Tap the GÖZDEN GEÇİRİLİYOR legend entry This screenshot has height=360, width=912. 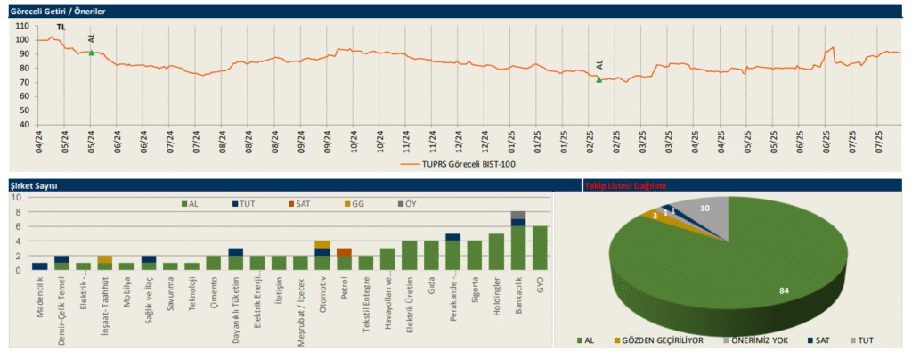click(655, 341)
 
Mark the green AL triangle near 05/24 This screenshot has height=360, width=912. click(91, 53)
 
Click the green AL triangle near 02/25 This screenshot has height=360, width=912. click(598, 79)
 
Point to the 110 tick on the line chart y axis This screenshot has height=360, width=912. click(22, 26)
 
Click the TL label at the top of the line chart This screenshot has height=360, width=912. click(61, 28)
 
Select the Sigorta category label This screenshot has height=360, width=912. click(474, 294)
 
